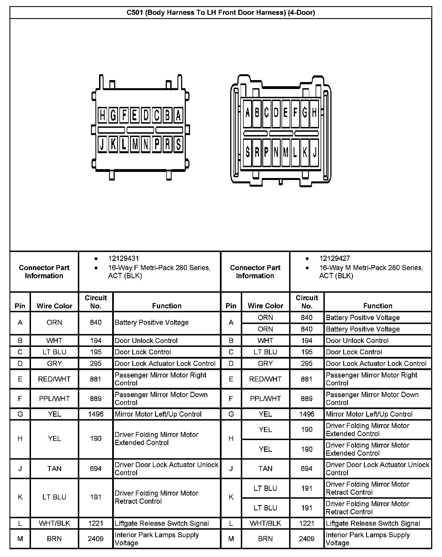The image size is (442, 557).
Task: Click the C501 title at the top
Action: click(x=221, y=13)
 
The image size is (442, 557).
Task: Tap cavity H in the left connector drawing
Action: click(x=103, y=115)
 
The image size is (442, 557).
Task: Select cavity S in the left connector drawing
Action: click(x=178, y=144)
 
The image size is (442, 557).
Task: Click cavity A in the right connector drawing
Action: click(x=247, y=113)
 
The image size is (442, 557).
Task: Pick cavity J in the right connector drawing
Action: click(x=314, y=152)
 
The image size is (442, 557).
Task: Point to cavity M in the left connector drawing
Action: click(x=135, y=144)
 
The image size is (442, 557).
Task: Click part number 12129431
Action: click(x=123, y=258)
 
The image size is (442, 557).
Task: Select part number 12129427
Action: click(x=335, y=258)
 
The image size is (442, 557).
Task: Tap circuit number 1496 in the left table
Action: click(x=96, y=414)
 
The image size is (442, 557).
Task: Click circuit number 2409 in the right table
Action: click(x=307, y=539)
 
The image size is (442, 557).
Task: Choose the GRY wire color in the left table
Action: click(x=54, y=363)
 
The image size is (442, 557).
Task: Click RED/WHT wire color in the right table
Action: click(x=265, y=379)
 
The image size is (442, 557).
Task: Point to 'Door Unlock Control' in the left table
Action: click(x=146, y=340)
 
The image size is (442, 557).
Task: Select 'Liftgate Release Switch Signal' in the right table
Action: click(x=373, y=523)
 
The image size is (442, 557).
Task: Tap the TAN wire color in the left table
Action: click(x=54, y=469)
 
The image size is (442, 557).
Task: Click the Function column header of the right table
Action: click(x=378, y=306)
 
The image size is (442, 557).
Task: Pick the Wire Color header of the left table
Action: click(x=54, y=306)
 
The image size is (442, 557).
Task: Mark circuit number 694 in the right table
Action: click(x=307, y=469)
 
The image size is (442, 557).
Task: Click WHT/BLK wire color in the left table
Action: click(x=54, y=523)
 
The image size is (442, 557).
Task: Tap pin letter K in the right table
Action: click(x=231, y=497)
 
